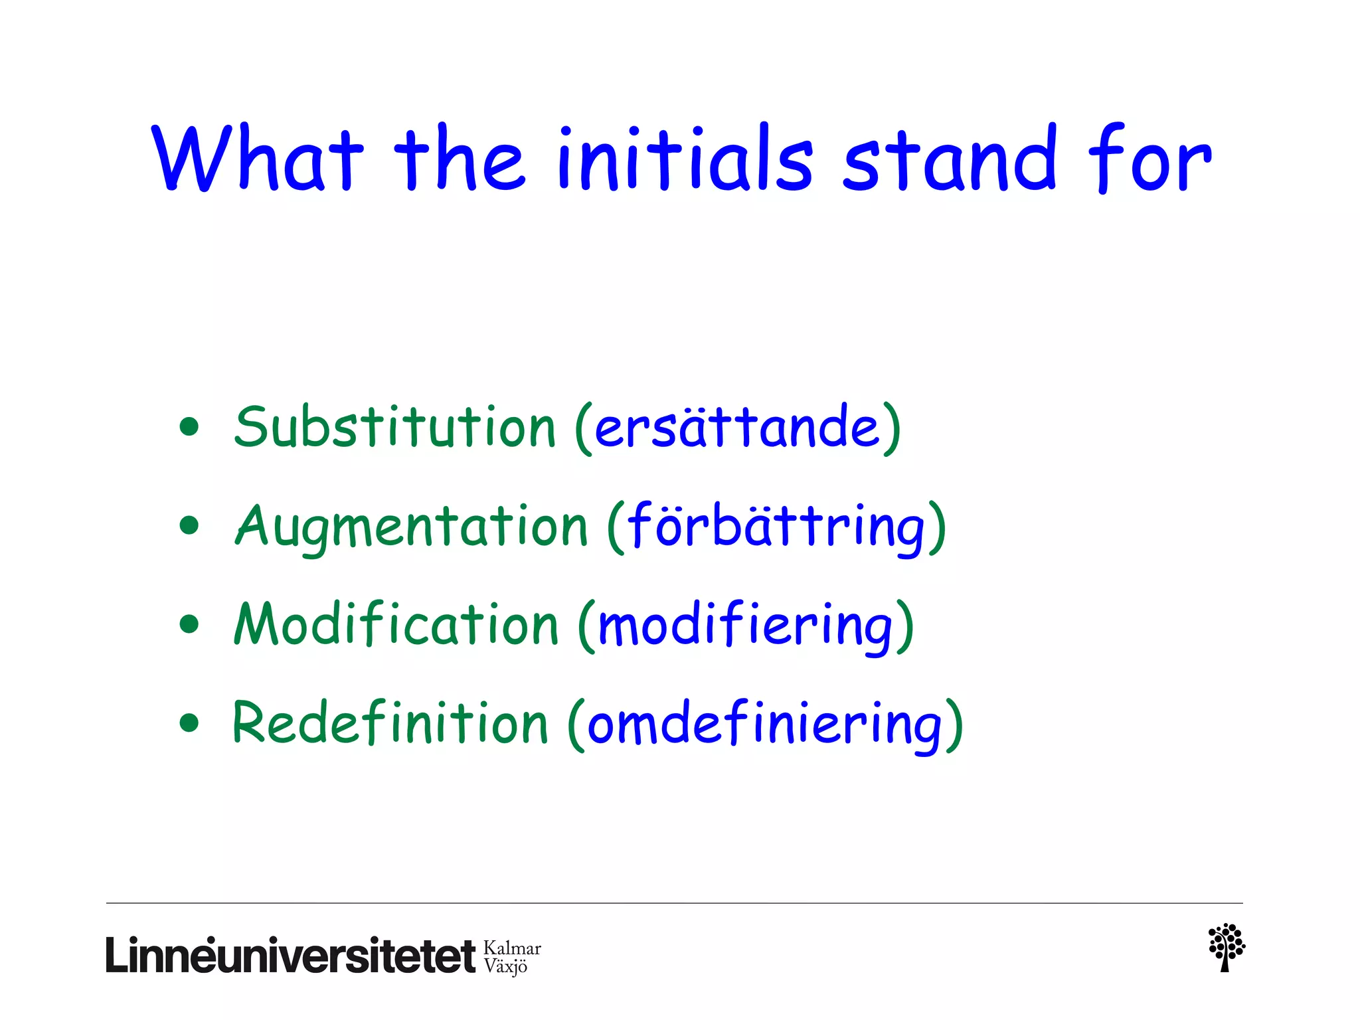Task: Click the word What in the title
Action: click(x=258, y=159)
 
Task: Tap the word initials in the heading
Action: click(x=685, y=159)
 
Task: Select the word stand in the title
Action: click(x=950, y=159)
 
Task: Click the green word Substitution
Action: click(x=394, y=427)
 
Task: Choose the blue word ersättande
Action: click(x=737, y=427)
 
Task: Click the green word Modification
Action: click(x=396, y=624)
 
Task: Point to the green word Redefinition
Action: click(x=390, y=724)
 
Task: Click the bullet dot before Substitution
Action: click(x=189, y=427)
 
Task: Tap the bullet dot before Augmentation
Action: click(x=189, y=526)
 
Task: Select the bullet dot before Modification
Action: click(x=189, y=624)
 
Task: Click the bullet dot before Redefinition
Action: click(x=189, y=723)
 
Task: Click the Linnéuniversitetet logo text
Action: click(x=290, y=956)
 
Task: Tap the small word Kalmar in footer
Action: click(x=512, y=948)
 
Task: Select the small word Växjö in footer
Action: click(x=505, y=966)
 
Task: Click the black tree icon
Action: click(x=1226, y=947)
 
